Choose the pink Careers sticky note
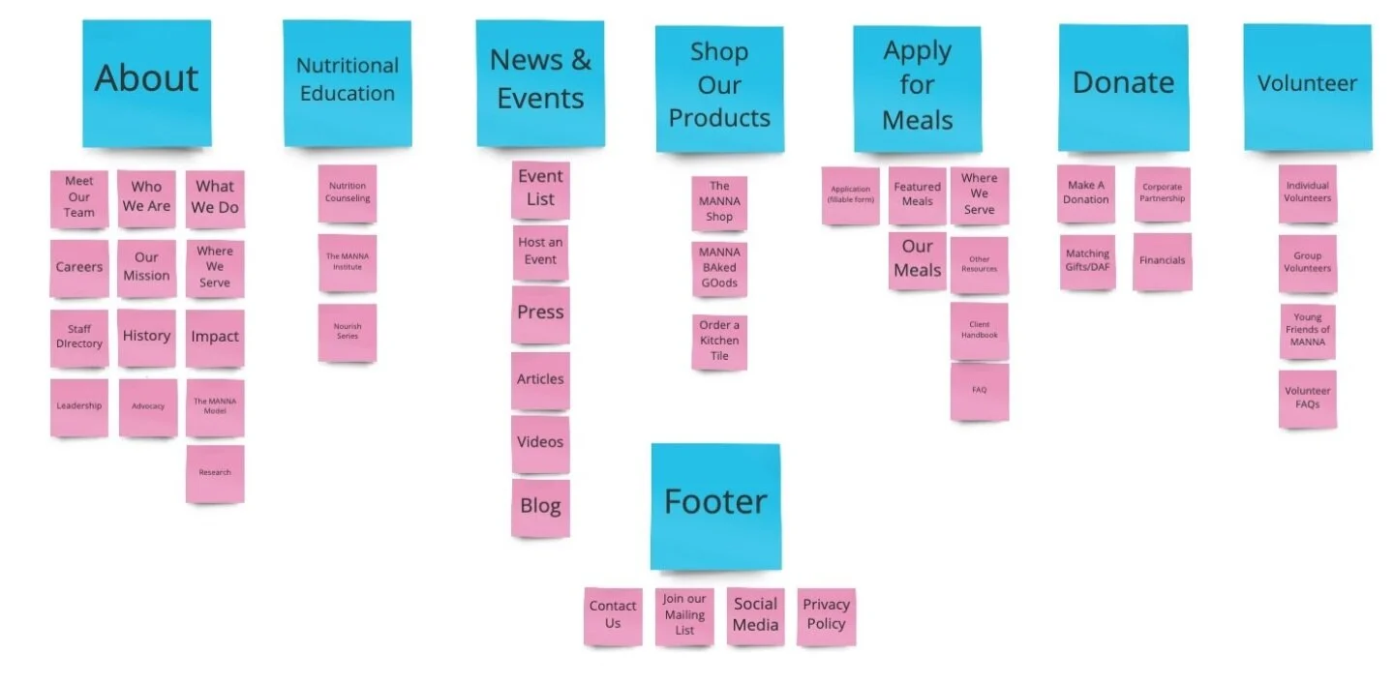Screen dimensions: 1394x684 pos(79,268)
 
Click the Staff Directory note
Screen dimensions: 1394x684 pos(79,338)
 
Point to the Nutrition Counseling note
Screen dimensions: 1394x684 pos(348,193)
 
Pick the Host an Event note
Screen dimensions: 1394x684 pos(540,253)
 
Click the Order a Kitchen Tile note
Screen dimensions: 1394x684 pos(719,342)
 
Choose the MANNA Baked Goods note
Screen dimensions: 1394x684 pos(719,269)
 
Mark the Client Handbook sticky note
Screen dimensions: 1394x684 pos(979,331)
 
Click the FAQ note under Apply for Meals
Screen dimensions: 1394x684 pos(979,391)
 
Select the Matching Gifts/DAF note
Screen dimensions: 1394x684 pos(1087,261)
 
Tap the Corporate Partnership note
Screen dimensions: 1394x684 pos(1162,193)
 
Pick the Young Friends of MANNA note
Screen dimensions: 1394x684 pos(1307,331)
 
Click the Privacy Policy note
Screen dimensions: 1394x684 pos(826,615)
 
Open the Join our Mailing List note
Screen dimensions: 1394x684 pos(684,615)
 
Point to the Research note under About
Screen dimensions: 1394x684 pos(215,473)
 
